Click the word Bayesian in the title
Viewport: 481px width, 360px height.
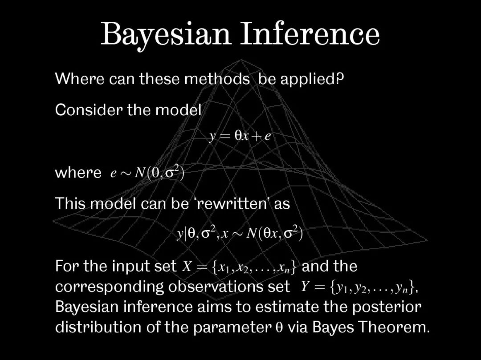point(166,35)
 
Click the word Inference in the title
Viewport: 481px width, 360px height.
point(310,34)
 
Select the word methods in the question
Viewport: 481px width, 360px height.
point(217,79)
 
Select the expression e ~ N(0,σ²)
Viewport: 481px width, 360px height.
point(147,173)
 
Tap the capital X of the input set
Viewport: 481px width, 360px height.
point(187,266)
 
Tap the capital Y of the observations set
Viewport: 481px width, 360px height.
point(304,287)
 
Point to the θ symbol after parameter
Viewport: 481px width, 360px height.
point(279,328)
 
